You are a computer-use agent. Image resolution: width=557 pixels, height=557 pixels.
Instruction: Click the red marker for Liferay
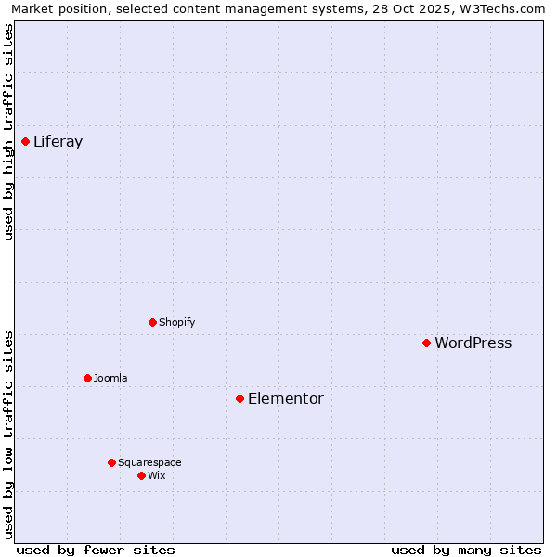[x=26, y=141]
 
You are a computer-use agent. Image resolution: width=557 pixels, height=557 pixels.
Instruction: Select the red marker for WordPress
[x=427, y=343]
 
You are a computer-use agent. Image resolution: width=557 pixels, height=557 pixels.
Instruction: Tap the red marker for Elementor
[x=240, y=398]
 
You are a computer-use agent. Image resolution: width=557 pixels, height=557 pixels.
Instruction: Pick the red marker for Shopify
[x=153, y=322]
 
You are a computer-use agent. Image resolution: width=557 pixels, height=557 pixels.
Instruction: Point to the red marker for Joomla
[x=88, y=378]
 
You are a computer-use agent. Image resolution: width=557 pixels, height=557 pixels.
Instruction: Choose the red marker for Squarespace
[x=112, y=462]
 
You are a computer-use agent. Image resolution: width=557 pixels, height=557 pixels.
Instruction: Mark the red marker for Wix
[x=142, y=475]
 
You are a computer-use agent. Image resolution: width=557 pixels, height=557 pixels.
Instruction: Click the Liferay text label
[x=58, y=142]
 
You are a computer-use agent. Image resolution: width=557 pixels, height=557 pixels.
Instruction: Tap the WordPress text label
[x=473, y=343]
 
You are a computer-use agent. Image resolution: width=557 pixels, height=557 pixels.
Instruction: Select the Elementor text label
[x=286, y=399]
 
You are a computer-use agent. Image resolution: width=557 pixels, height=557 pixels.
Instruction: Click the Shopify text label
[x=176, y=323]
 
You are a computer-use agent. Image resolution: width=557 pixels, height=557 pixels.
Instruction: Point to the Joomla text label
[x=110, y=379]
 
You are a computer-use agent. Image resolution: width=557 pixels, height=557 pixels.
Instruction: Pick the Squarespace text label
[x=149, y=463]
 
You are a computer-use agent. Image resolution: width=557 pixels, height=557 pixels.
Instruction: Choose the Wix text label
[x=157, y=476]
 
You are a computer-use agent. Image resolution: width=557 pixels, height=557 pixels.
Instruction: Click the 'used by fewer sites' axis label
[x=96, y=550]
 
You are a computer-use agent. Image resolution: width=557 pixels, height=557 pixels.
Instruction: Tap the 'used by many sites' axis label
[x=466, y=550]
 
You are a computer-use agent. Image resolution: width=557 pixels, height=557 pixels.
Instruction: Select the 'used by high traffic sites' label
[x=8, y=132]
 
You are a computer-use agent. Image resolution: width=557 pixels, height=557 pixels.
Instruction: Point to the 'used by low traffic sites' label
[x=8, y=434]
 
